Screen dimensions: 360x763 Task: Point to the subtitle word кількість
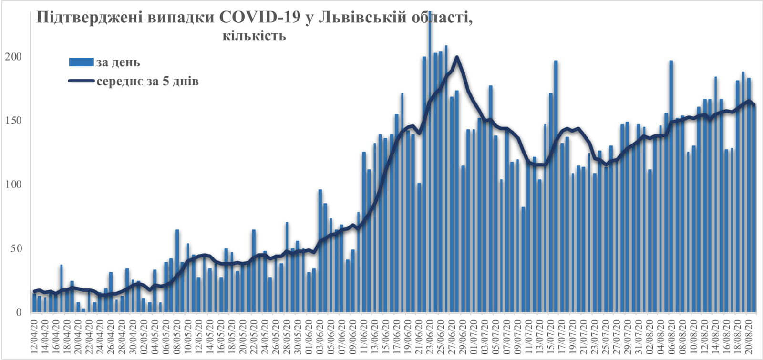point(254,36)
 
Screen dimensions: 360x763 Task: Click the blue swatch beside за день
point(82,62)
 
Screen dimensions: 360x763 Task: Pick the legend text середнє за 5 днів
point(147,81)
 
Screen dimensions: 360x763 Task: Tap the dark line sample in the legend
point(82,81)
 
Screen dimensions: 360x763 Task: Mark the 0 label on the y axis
point(19,312)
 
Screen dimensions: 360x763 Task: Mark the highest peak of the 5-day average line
point(457,57)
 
